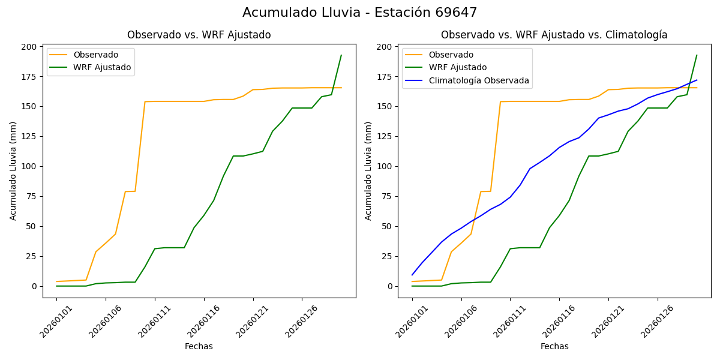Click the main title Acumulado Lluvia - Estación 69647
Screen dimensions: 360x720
tap(360, 13)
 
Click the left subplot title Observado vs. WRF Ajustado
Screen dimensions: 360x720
tap(199, 35)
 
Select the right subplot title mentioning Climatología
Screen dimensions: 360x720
tap(554, 35)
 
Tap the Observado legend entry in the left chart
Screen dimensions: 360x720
tap(95, 55)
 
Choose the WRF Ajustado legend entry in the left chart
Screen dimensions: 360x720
tap(102, 67)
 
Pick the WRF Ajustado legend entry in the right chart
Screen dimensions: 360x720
tap(457, 67)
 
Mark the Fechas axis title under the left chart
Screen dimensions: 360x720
tap(199, 346)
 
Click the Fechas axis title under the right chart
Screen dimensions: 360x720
tap(554, 346)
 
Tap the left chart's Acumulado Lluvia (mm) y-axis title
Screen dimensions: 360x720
tap(13, 171)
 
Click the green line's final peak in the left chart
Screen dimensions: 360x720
tap(341, 55)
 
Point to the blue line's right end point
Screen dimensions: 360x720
tap(697, 80)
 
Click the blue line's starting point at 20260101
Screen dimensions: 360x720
tap(412, 275)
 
